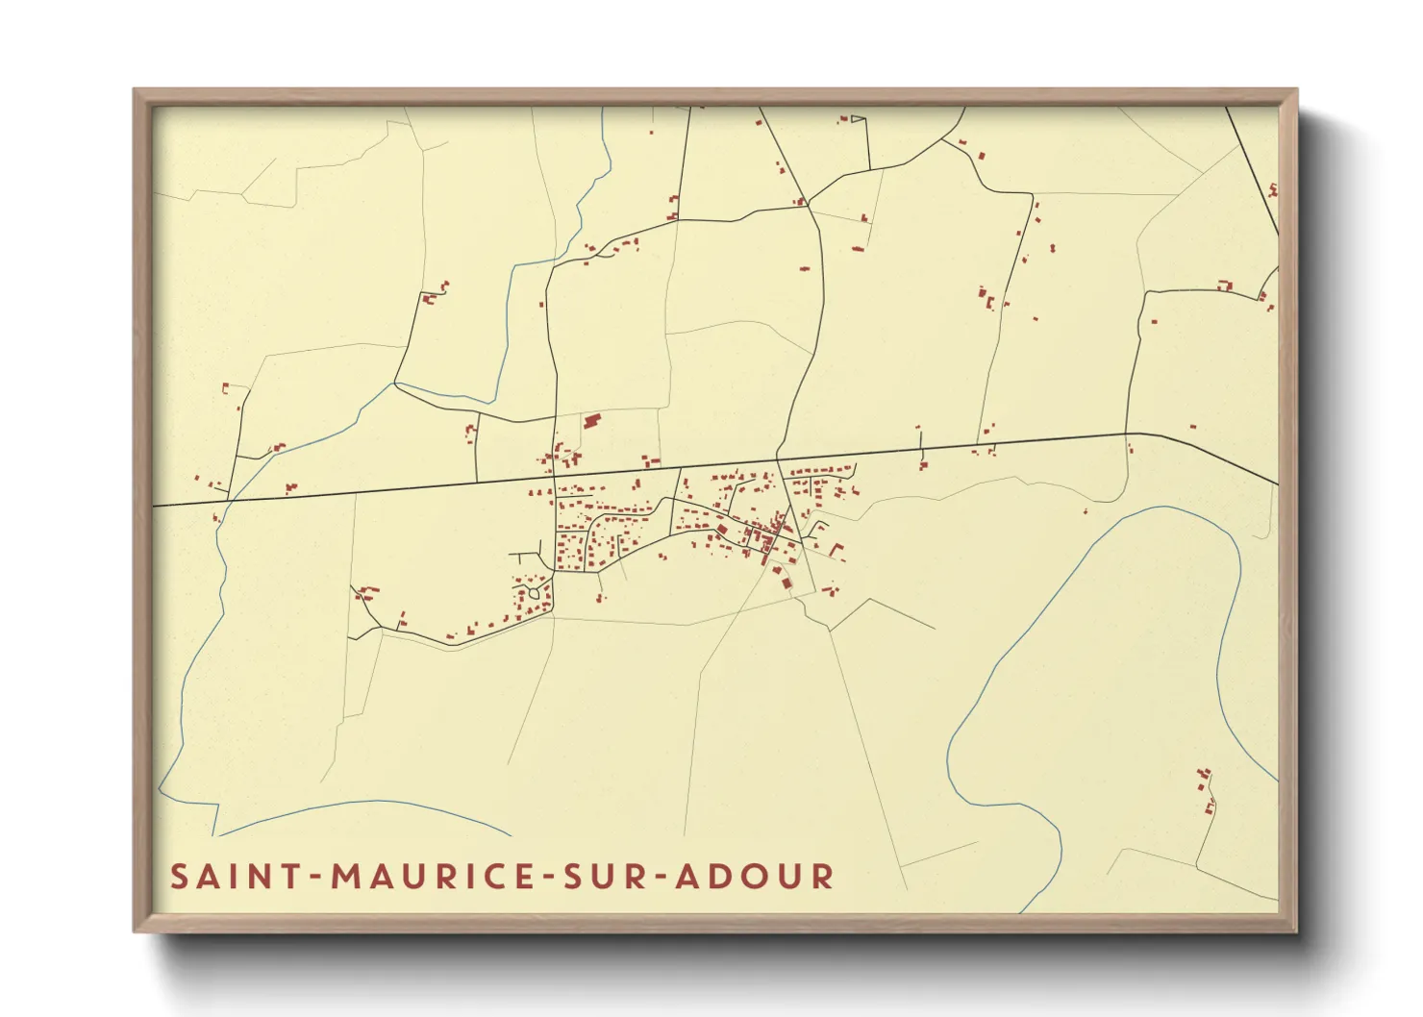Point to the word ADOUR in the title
click(x=755, y=877)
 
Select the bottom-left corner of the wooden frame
click(x=136, y=930)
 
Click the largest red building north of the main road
click(x=591, y=420)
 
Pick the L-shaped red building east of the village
click(x=836, y=551)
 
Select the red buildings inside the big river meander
click(x=1205, y=788)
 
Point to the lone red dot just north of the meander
click(x=1086, y=511)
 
